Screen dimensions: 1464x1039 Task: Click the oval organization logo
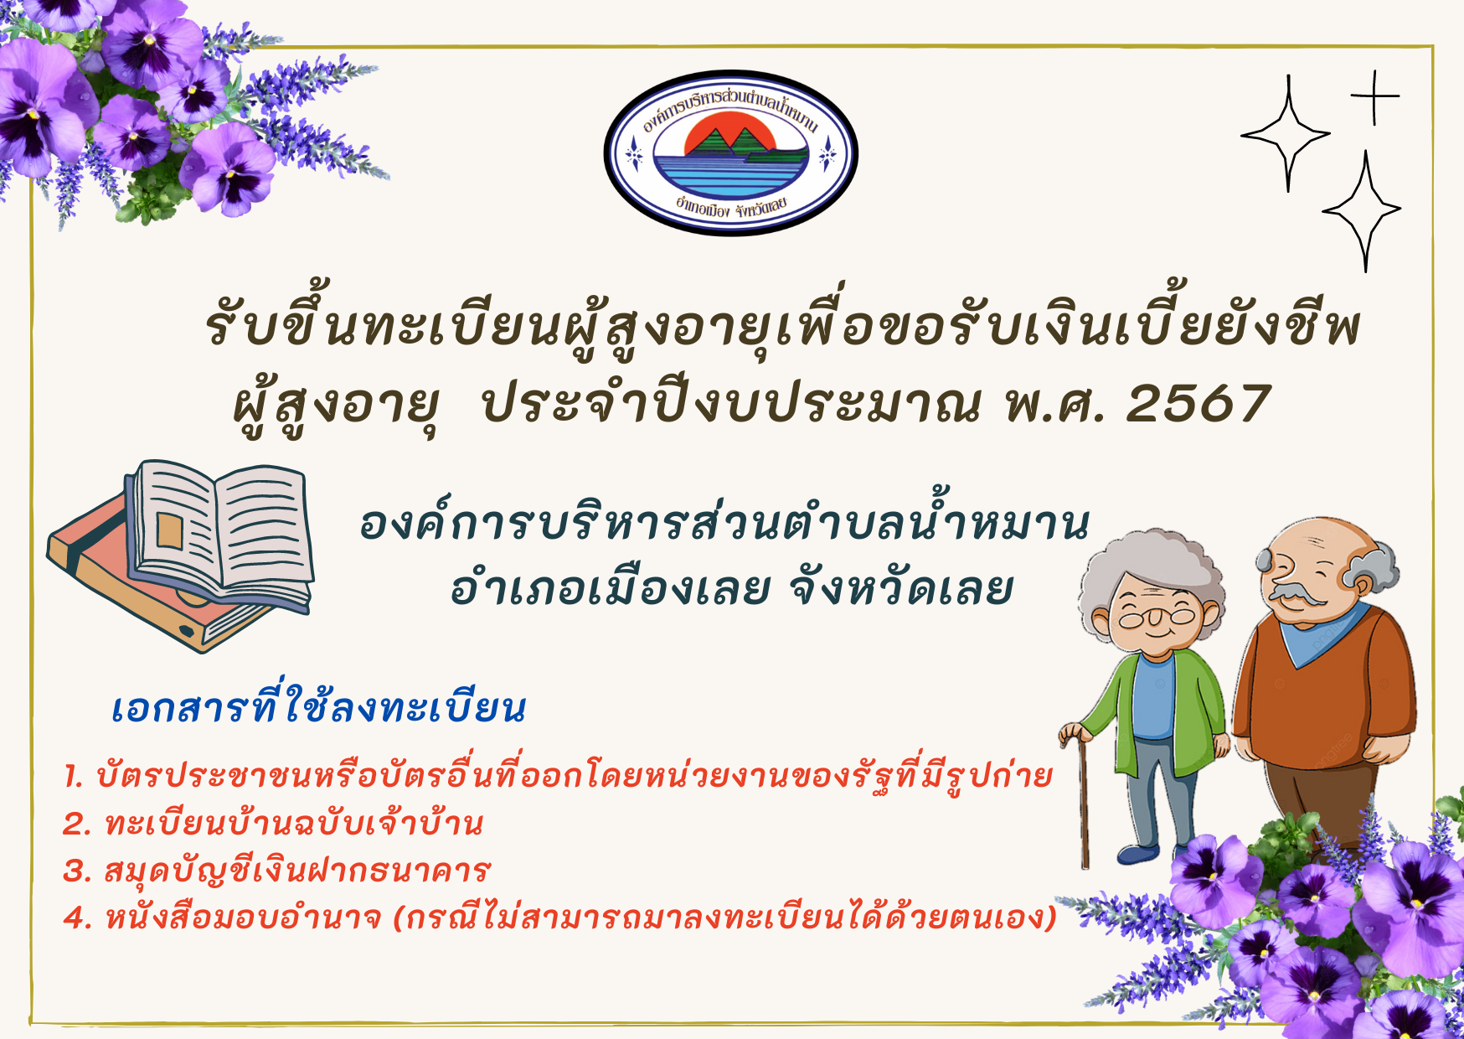731,152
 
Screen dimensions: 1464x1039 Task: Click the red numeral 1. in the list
74,777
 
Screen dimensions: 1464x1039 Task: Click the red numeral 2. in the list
77,824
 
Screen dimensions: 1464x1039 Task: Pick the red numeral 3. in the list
77,871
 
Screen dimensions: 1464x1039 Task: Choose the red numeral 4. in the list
78,918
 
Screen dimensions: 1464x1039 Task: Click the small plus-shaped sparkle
1374,97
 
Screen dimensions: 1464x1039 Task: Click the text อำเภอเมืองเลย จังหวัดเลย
731,589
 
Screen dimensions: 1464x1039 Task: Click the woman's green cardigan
1173,712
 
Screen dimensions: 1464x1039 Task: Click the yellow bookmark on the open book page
170,530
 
